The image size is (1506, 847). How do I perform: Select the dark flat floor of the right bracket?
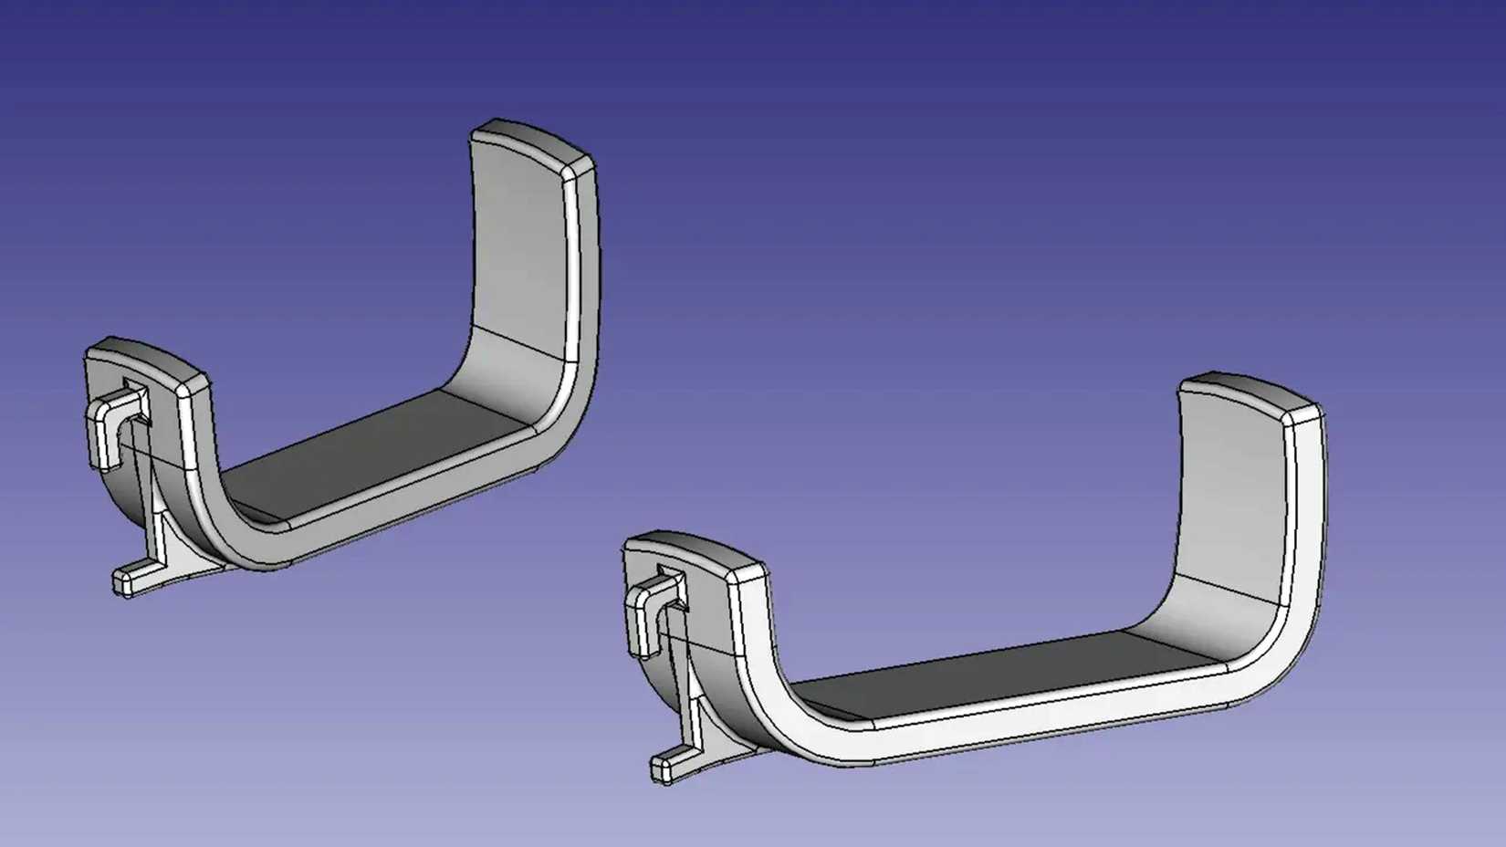click(x=995, y=675)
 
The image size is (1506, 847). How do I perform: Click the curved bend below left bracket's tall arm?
click(x=511, y=383)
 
